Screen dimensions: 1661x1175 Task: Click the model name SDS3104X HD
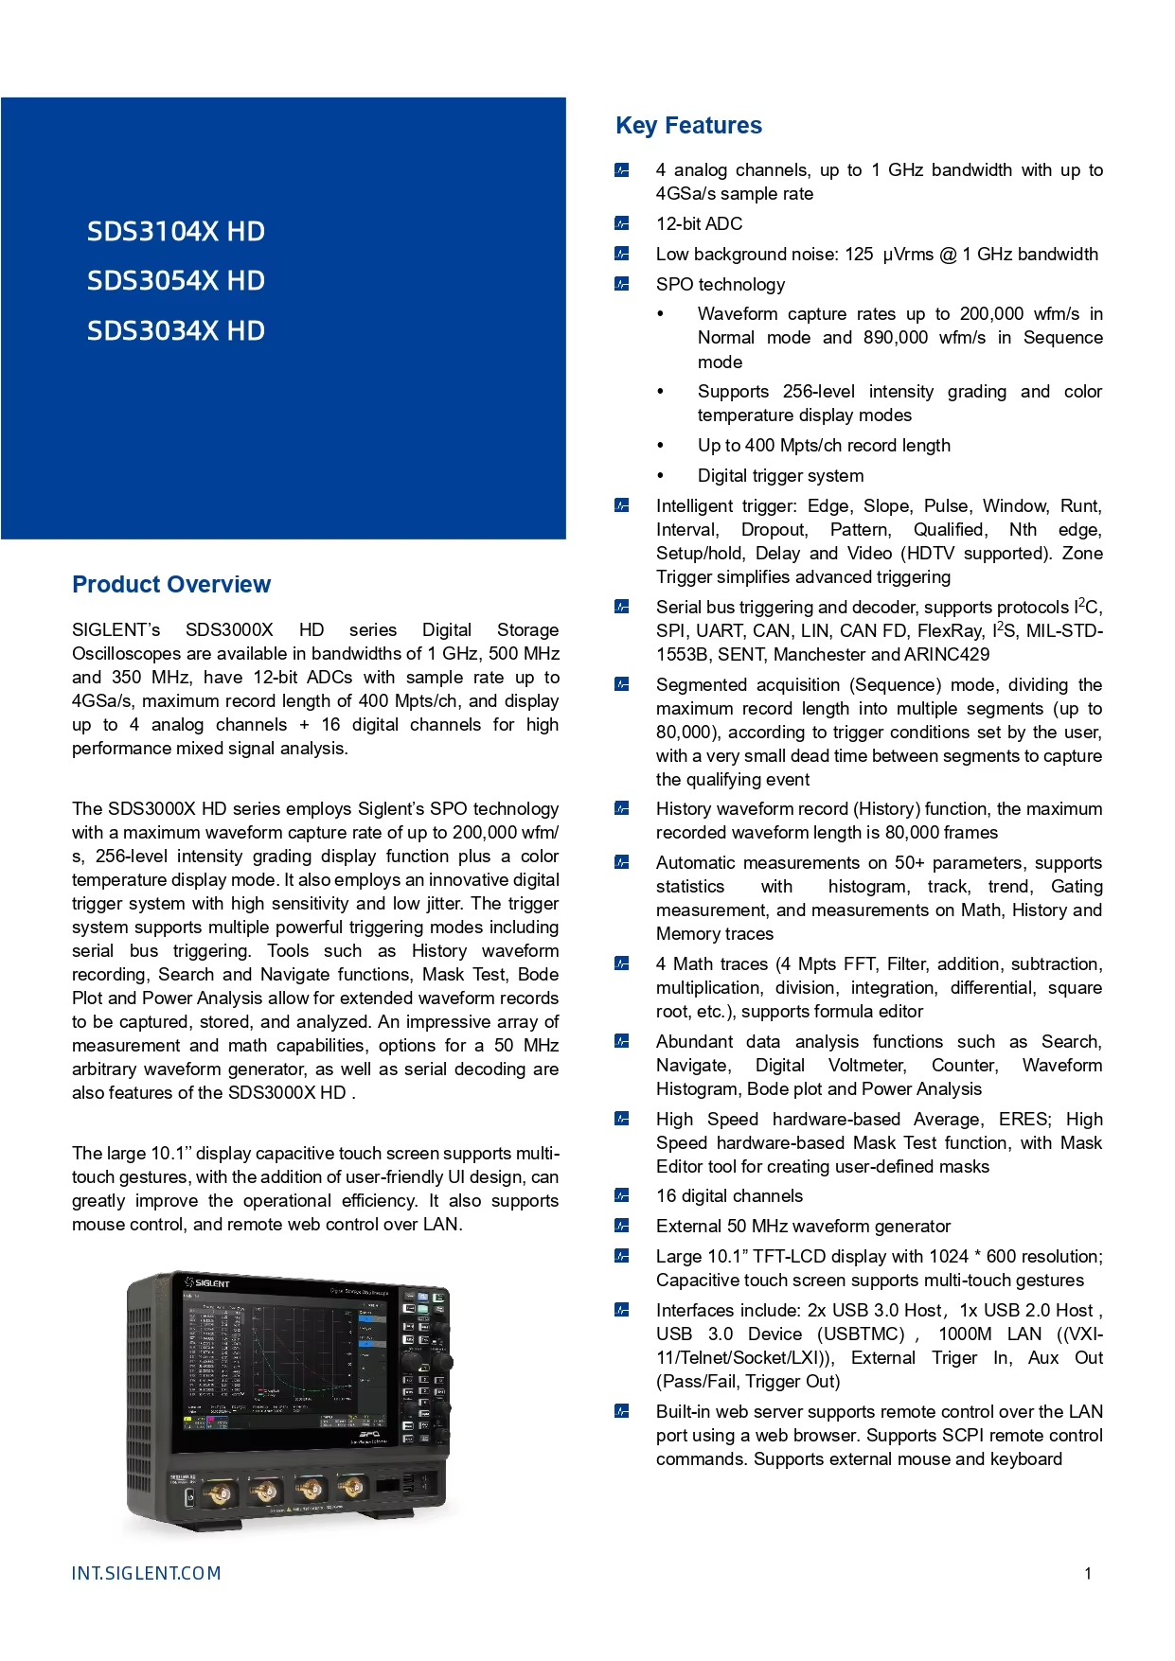pyautogui.click(x=175, y=232)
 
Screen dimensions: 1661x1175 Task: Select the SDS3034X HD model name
pyautogui.click(x=175, y=331)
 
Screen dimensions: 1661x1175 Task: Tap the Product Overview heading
pyautogui.click(x=171, y=585)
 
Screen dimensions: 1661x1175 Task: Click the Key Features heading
pyautogui.click(x=688, y=126)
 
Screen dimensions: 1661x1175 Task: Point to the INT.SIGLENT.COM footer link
pyautogui.click(x=146, y=1573)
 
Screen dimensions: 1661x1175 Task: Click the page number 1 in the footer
pyautogui.click(x=1088, y=1574)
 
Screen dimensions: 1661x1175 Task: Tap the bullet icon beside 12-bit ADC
pyautogui.click(x=621, y=223)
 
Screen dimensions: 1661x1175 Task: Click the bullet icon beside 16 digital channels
pyautogui.click(x=621, y=1195)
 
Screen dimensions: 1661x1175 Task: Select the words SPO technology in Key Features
pyautogui.click(x=721, y=285)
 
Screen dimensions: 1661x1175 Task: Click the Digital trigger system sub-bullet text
pyautogui.click(x=780, y=476)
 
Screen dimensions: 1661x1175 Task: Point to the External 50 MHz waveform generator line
pyautogui.click(x=803, y=1227)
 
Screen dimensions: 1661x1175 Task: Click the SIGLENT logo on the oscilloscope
pyautogui.click(x=207, y=1282)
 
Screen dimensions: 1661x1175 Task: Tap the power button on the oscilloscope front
pyautogui.click(x=189, y=1496)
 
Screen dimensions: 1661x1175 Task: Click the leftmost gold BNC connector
pyautogui.click(x=220, y=1493)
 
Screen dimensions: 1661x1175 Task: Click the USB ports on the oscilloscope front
pyautogui.click(x=408, y=1481)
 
